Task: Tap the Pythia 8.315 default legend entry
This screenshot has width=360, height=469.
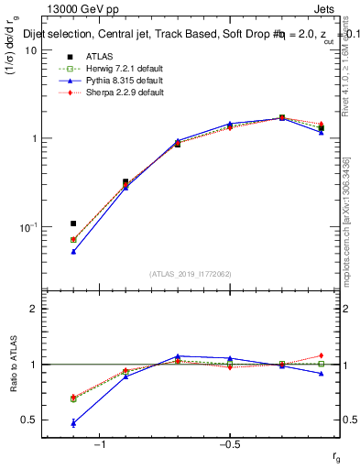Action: pos(119,82)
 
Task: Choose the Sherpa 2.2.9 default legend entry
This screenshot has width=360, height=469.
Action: pos(120,93)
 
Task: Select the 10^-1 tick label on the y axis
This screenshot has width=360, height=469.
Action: pos(27,226)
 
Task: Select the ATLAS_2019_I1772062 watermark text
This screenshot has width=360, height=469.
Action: pos(191,274)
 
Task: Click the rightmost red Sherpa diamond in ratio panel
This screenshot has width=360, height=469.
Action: pos(321,355)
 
